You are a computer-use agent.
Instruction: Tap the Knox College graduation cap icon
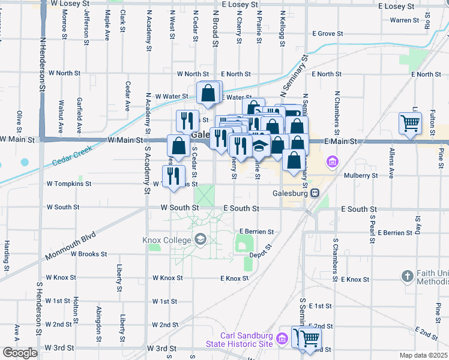tap(200, 241)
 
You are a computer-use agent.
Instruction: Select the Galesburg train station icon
tap(314, 193)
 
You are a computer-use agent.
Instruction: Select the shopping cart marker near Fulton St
tap(410, 124)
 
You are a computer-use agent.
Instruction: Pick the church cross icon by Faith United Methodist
tap(407, 277)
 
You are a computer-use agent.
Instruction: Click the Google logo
tap(20, 353)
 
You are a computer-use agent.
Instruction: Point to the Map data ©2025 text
tap(423, 355)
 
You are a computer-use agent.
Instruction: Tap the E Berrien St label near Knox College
tap(256, 231)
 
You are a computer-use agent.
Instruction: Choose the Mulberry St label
tap(361, 176)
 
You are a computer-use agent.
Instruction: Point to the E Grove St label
tap(327, 34)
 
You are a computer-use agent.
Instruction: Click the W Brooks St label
tap(88, 254)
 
